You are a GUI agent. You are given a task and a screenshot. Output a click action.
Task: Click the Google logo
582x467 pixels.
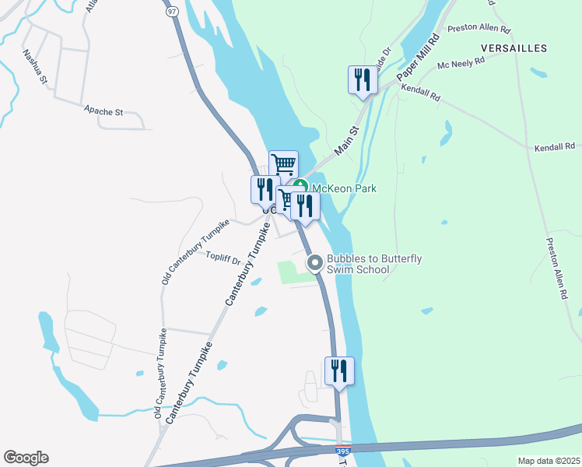pos(26,458)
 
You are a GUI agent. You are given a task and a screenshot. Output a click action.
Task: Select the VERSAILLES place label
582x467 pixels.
pos(514,48)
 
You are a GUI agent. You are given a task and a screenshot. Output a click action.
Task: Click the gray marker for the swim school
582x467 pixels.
pos(315,263)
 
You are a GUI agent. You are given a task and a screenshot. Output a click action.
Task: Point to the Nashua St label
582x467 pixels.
pos(35,67)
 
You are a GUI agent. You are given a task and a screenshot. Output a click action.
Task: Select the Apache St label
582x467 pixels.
pos(104,112)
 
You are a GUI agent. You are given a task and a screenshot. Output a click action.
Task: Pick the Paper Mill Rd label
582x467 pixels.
pos(419,56)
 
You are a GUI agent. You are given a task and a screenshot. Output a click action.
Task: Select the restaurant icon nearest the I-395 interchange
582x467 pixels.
pos(338,371)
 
